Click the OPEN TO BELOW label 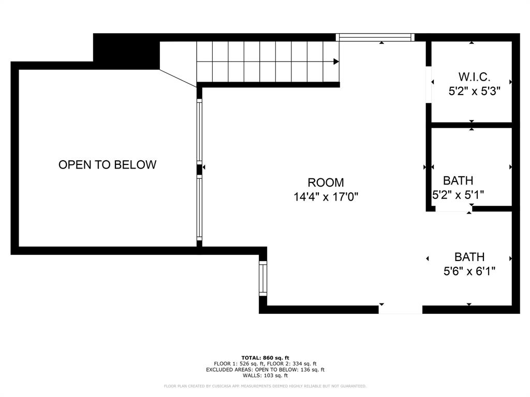point(107,165)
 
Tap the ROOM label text point(326,182)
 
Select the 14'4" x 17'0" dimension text point(326,197)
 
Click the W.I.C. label point(474,77)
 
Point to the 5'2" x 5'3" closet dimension point(474,91)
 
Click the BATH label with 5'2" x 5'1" point(458,181)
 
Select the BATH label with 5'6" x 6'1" point(469,257)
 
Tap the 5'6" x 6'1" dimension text point(469,271)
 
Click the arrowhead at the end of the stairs point(336,62)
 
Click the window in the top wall point(375,37)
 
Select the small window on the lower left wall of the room point(263,279)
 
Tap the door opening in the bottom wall point(400,310)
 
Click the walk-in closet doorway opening point(429,85)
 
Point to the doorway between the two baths point(453,209)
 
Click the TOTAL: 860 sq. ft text point(265,358)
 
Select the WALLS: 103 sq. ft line point(265,376)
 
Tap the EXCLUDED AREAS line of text point(265,370)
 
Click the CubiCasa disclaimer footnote point(265,386)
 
